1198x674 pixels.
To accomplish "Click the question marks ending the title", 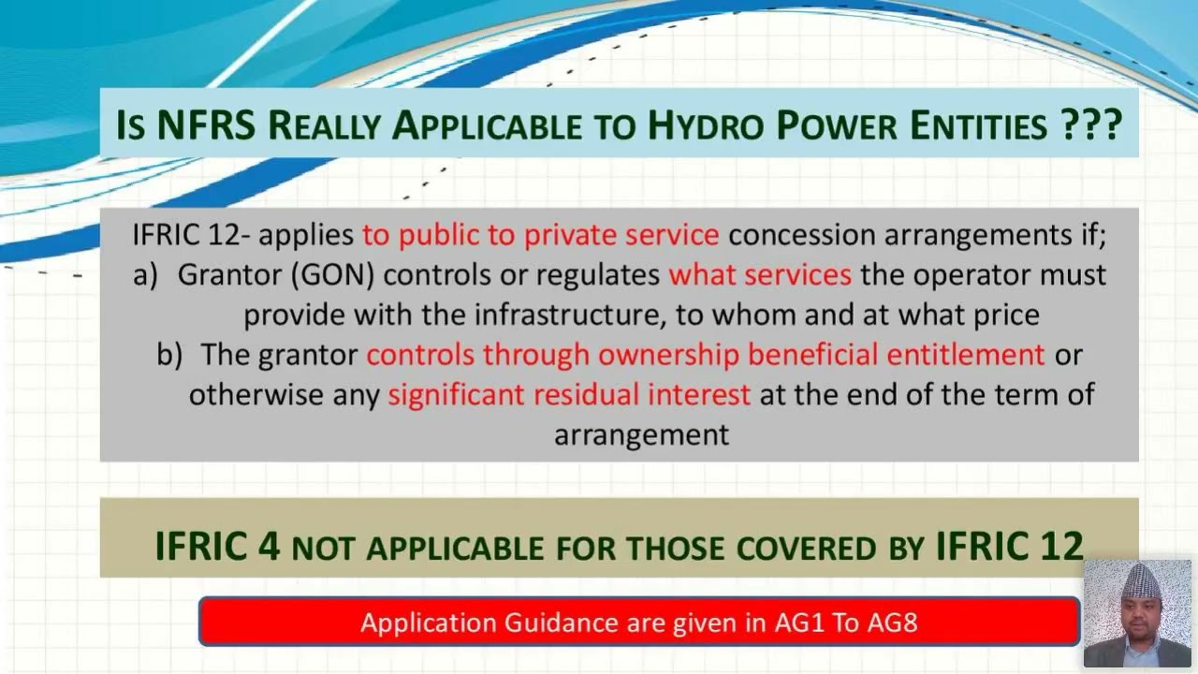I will pyautogui.click(x=1091, y=124).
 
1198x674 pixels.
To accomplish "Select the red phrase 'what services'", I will pyautogui.click(x=760, y=274).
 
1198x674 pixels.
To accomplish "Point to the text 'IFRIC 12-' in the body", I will pyautogui.click(x=191, y=234).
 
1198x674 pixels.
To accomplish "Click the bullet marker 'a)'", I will pyautogui.click(x=145, y=274).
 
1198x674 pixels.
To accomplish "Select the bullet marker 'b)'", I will pyautogui.click(x=169, y=355).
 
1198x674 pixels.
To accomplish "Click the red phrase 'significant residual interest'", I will pyautogui.click(x=569, y=394).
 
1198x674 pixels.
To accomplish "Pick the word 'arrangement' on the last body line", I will pyautogui.click(x=641, y=434).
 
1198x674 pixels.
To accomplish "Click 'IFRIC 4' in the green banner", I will pyautogui.click(x=217, y=546).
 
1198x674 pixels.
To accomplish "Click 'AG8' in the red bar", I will pyautogui.click(x=891, y=623).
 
